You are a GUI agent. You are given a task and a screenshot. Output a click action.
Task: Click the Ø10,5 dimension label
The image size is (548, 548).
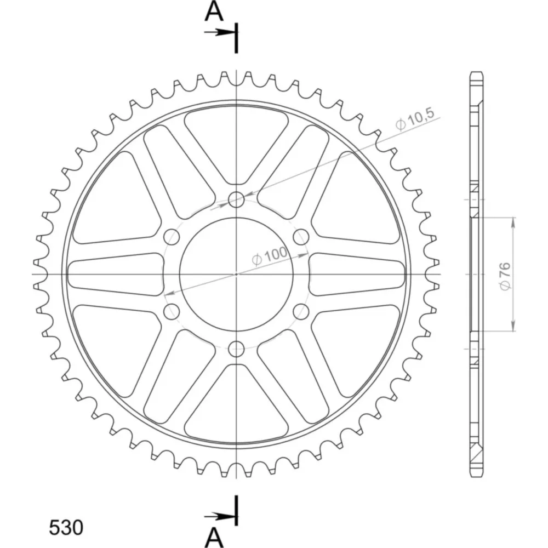[415, 119]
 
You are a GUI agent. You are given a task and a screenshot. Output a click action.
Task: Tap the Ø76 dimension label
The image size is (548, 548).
[505, 276]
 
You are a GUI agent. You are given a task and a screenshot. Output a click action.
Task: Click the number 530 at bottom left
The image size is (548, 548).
[66, 527]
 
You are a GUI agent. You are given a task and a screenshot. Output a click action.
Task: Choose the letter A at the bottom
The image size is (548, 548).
[214, 537]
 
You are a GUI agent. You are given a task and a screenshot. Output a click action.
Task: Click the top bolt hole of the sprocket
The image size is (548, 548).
[236, 199]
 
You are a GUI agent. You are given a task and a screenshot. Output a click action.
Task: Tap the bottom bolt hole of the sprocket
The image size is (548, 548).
[236, 349]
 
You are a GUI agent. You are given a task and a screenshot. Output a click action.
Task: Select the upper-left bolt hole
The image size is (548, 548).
[172, 237]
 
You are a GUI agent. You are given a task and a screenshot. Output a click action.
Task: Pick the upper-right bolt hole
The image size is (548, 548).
[301, 237]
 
